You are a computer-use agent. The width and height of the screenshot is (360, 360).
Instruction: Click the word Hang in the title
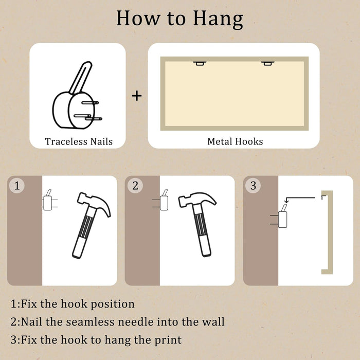coord(218,19)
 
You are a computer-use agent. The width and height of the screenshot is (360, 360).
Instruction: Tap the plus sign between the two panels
coord(137,96)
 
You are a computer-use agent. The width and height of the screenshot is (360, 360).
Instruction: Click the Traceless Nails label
coord(79,141)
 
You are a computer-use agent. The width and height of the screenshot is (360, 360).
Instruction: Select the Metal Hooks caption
coord(235,141)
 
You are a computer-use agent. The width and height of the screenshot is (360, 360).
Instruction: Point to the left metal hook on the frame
coord(200,63)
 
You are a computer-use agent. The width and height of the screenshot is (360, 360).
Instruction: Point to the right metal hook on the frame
coord(267,63)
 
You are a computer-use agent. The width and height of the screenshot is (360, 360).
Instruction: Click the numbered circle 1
coord(17,186)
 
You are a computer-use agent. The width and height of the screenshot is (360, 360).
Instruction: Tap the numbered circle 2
coord(135,186)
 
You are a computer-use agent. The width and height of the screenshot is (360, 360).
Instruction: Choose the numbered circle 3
coord(253,186)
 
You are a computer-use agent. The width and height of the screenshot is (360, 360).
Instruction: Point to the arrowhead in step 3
coord(286,202)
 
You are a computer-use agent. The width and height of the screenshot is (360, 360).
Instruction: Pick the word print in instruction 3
coord(168,340)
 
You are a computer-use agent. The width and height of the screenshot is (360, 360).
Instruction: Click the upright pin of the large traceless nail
coord(81,78)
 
